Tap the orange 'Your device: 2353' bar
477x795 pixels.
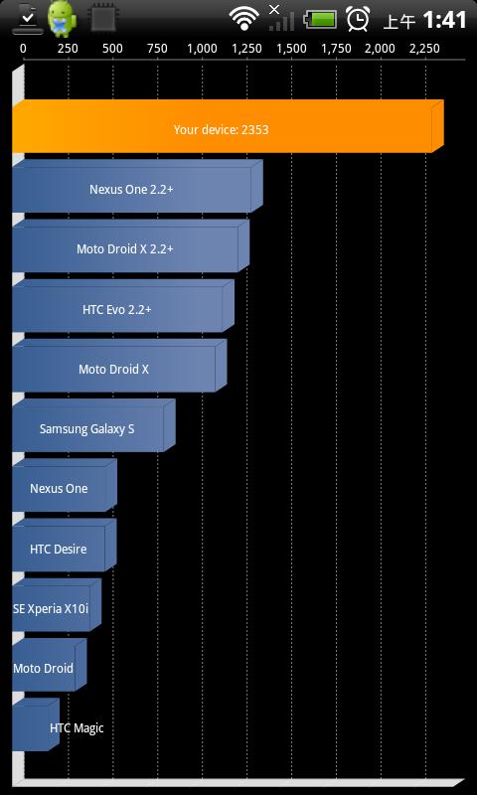[228, 126]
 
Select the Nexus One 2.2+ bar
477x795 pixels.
[137, 186]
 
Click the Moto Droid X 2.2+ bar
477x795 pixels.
[131, 245]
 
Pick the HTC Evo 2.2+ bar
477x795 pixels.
[123, 306]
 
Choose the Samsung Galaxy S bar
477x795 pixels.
[93, 425]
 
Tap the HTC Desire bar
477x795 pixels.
[65, 545]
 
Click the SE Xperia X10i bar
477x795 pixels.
[57, 605]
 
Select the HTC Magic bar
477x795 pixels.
[36, 724]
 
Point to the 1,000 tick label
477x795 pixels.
[203, 49]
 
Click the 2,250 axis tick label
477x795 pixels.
[424, 49]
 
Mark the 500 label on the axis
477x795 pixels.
[112, 49]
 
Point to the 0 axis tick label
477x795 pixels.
[23, 49]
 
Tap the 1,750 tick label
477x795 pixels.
[336, 49]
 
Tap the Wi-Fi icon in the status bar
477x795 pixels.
[244, 19]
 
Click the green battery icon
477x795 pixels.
[320, 20]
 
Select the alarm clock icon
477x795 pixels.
[358, 19]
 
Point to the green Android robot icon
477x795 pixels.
[63, 19]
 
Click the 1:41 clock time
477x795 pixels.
[444, 20]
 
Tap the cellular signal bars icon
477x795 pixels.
[281, 19]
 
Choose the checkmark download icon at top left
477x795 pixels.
[28, 19]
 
